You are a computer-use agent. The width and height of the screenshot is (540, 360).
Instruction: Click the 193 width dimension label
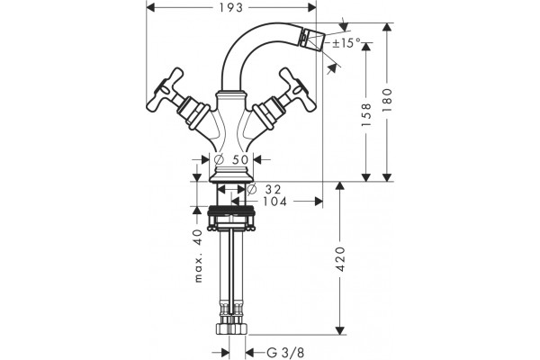pos(231,7)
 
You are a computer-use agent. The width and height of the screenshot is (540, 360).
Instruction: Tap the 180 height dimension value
pos(387,100)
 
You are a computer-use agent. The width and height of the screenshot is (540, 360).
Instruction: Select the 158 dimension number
pos(366,114)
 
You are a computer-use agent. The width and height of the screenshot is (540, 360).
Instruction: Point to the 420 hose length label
pos(340,258)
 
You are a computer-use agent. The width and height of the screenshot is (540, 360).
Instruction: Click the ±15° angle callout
pos(346,43)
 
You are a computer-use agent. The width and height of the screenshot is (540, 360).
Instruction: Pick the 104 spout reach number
pos(274,202)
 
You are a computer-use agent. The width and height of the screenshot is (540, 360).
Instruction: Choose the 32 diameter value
pos(274,189)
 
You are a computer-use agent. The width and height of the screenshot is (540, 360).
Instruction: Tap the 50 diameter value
pos(240,159)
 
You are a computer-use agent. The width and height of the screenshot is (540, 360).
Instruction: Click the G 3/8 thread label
pos(285,353)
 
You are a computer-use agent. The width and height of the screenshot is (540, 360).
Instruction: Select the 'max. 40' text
pos(198,256)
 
